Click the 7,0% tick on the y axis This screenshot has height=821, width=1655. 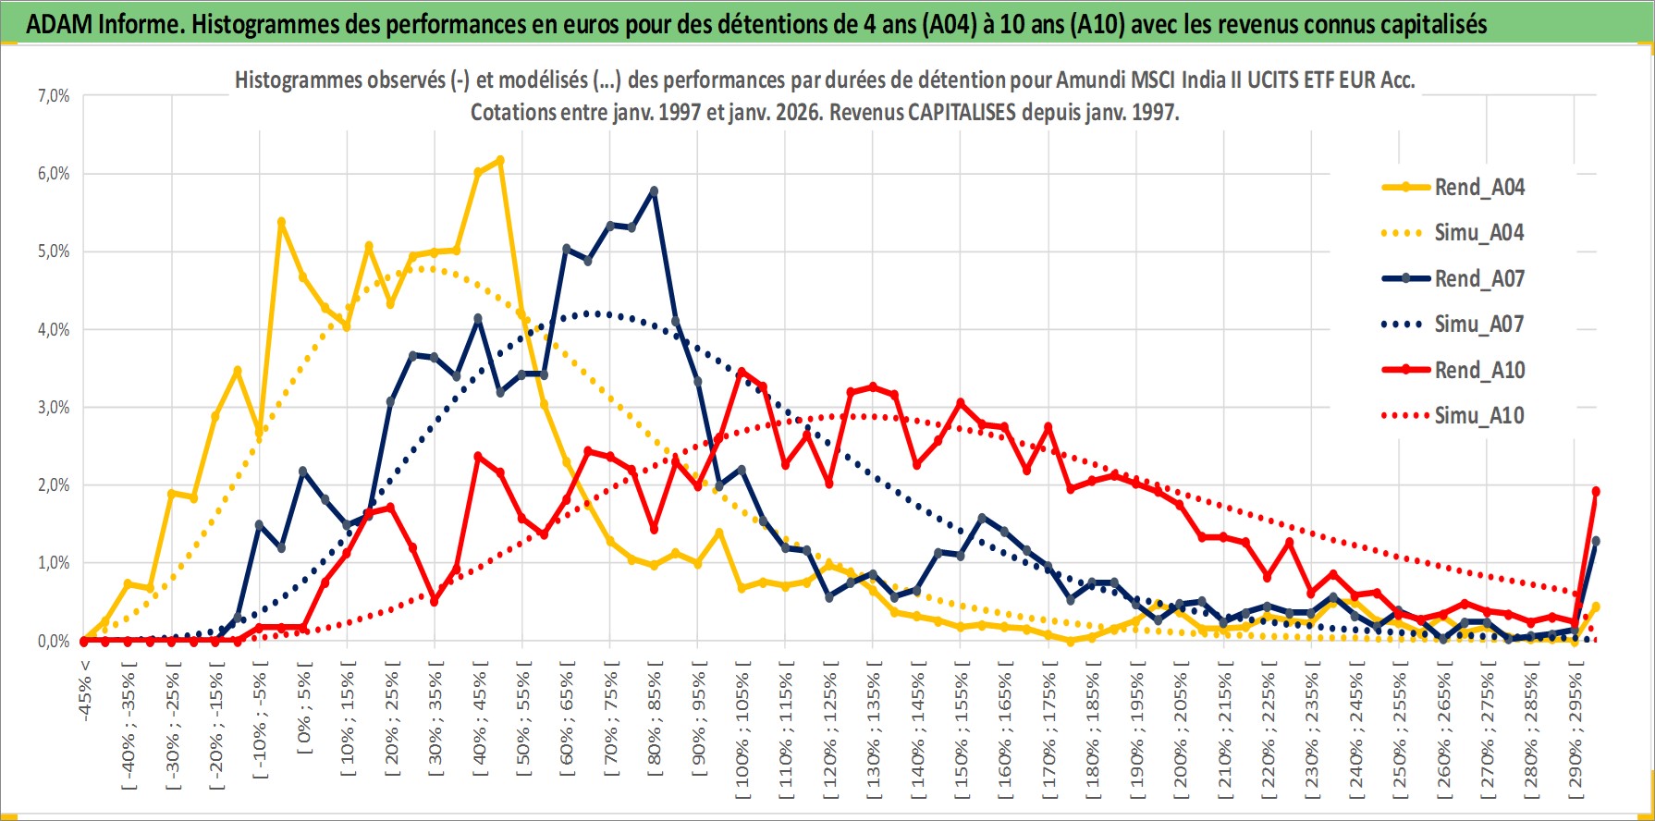click(53, 96)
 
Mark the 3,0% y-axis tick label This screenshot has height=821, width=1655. click(53, 408)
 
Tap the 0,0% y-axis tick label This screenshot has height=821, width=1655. click(53, 641)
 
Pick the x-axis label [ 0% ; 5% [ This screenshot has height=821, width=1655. click(303, 712)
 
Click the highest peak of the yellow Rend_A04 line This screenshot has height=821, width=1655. click(500, 160)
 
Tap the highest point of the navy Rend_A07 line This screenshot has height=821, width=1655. click(654, 190)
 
